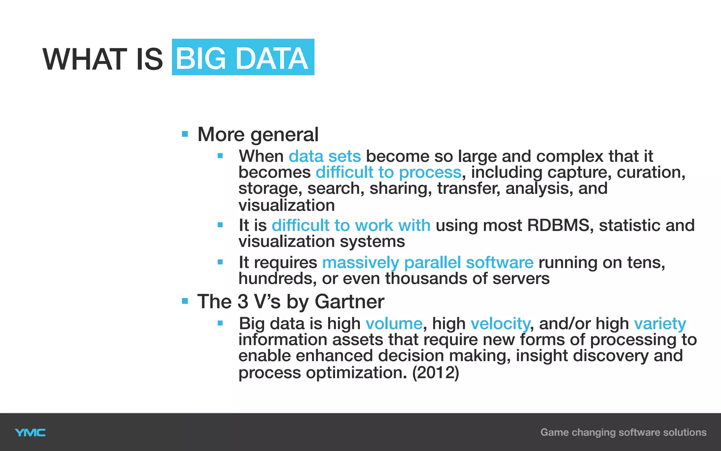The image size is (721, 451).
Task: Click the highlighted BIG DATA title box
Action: (243, 57)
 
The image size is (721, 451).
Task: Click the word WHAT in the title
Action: (84, 59)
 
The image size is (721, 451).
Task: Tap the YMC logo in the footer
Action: (30, 432)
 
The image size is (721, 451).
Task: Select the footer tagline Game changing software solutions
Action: (623, 432)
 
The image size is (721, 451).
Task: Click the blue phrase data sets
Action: (325, 156)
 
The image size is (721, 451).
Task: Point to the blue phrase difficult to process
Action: (388, 172)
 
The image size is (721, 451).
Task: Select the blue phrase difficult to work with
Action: (351, 225)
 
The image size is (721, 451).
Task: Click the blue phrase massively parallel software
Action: (428, 262)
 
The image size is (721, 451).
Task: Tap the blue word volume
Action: (394, 323)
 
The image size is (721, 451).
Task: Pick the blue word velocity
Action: (500, 323)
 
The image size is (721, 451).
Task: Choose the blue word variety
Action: (660, 323)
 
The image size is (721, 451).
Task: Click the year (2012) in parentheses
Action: (435, 373)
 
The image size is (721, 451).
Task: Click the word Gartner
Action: (349, 302)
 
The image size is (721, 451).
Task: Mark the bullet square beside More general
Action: (185, 134)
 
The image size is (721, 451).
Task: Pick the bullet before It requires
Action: (220, 262)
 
